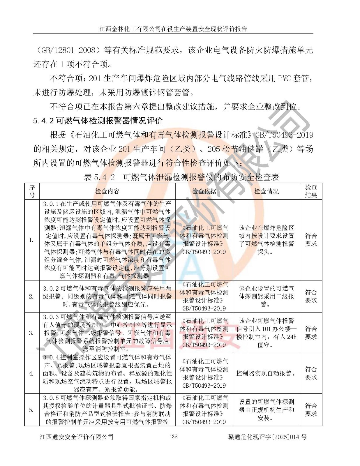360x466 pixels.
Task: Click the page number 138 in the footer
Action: [173, 436]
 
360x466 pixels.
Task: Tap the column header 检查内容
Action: [107, 191]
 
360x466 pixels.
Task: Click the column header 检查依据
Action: [204, 191]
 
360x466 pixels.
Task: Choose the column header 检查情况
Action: [266, 191]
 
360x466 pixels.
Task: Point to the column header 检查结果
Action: [311, 191]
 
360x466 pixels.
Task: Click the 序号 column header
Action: [32, 191]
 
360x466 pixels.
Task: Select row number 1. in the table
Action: [31, 240]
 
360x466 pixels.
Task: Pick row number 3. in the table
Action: [31, 333]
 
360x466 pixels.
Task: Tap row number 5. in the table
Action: [31, 410]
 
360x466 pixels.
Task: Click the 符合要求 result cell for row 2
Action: [311, 296]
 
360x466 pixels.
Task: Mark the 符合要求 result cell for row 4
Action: [311, 373]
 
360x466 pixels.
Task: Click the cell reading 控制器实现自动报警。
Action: [266, 373]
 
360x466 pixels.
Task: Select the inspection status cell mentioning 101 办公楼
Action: [266, 333]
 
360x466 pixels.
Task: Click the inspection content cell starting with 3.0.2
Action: [107, 296]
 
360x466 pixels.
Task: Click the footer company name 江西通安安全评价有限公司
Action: [76, 437]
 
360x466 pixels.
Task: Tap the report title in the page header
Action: [173, 29]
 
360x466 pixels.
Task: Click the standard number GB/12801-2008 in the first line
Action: [69, 50]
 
